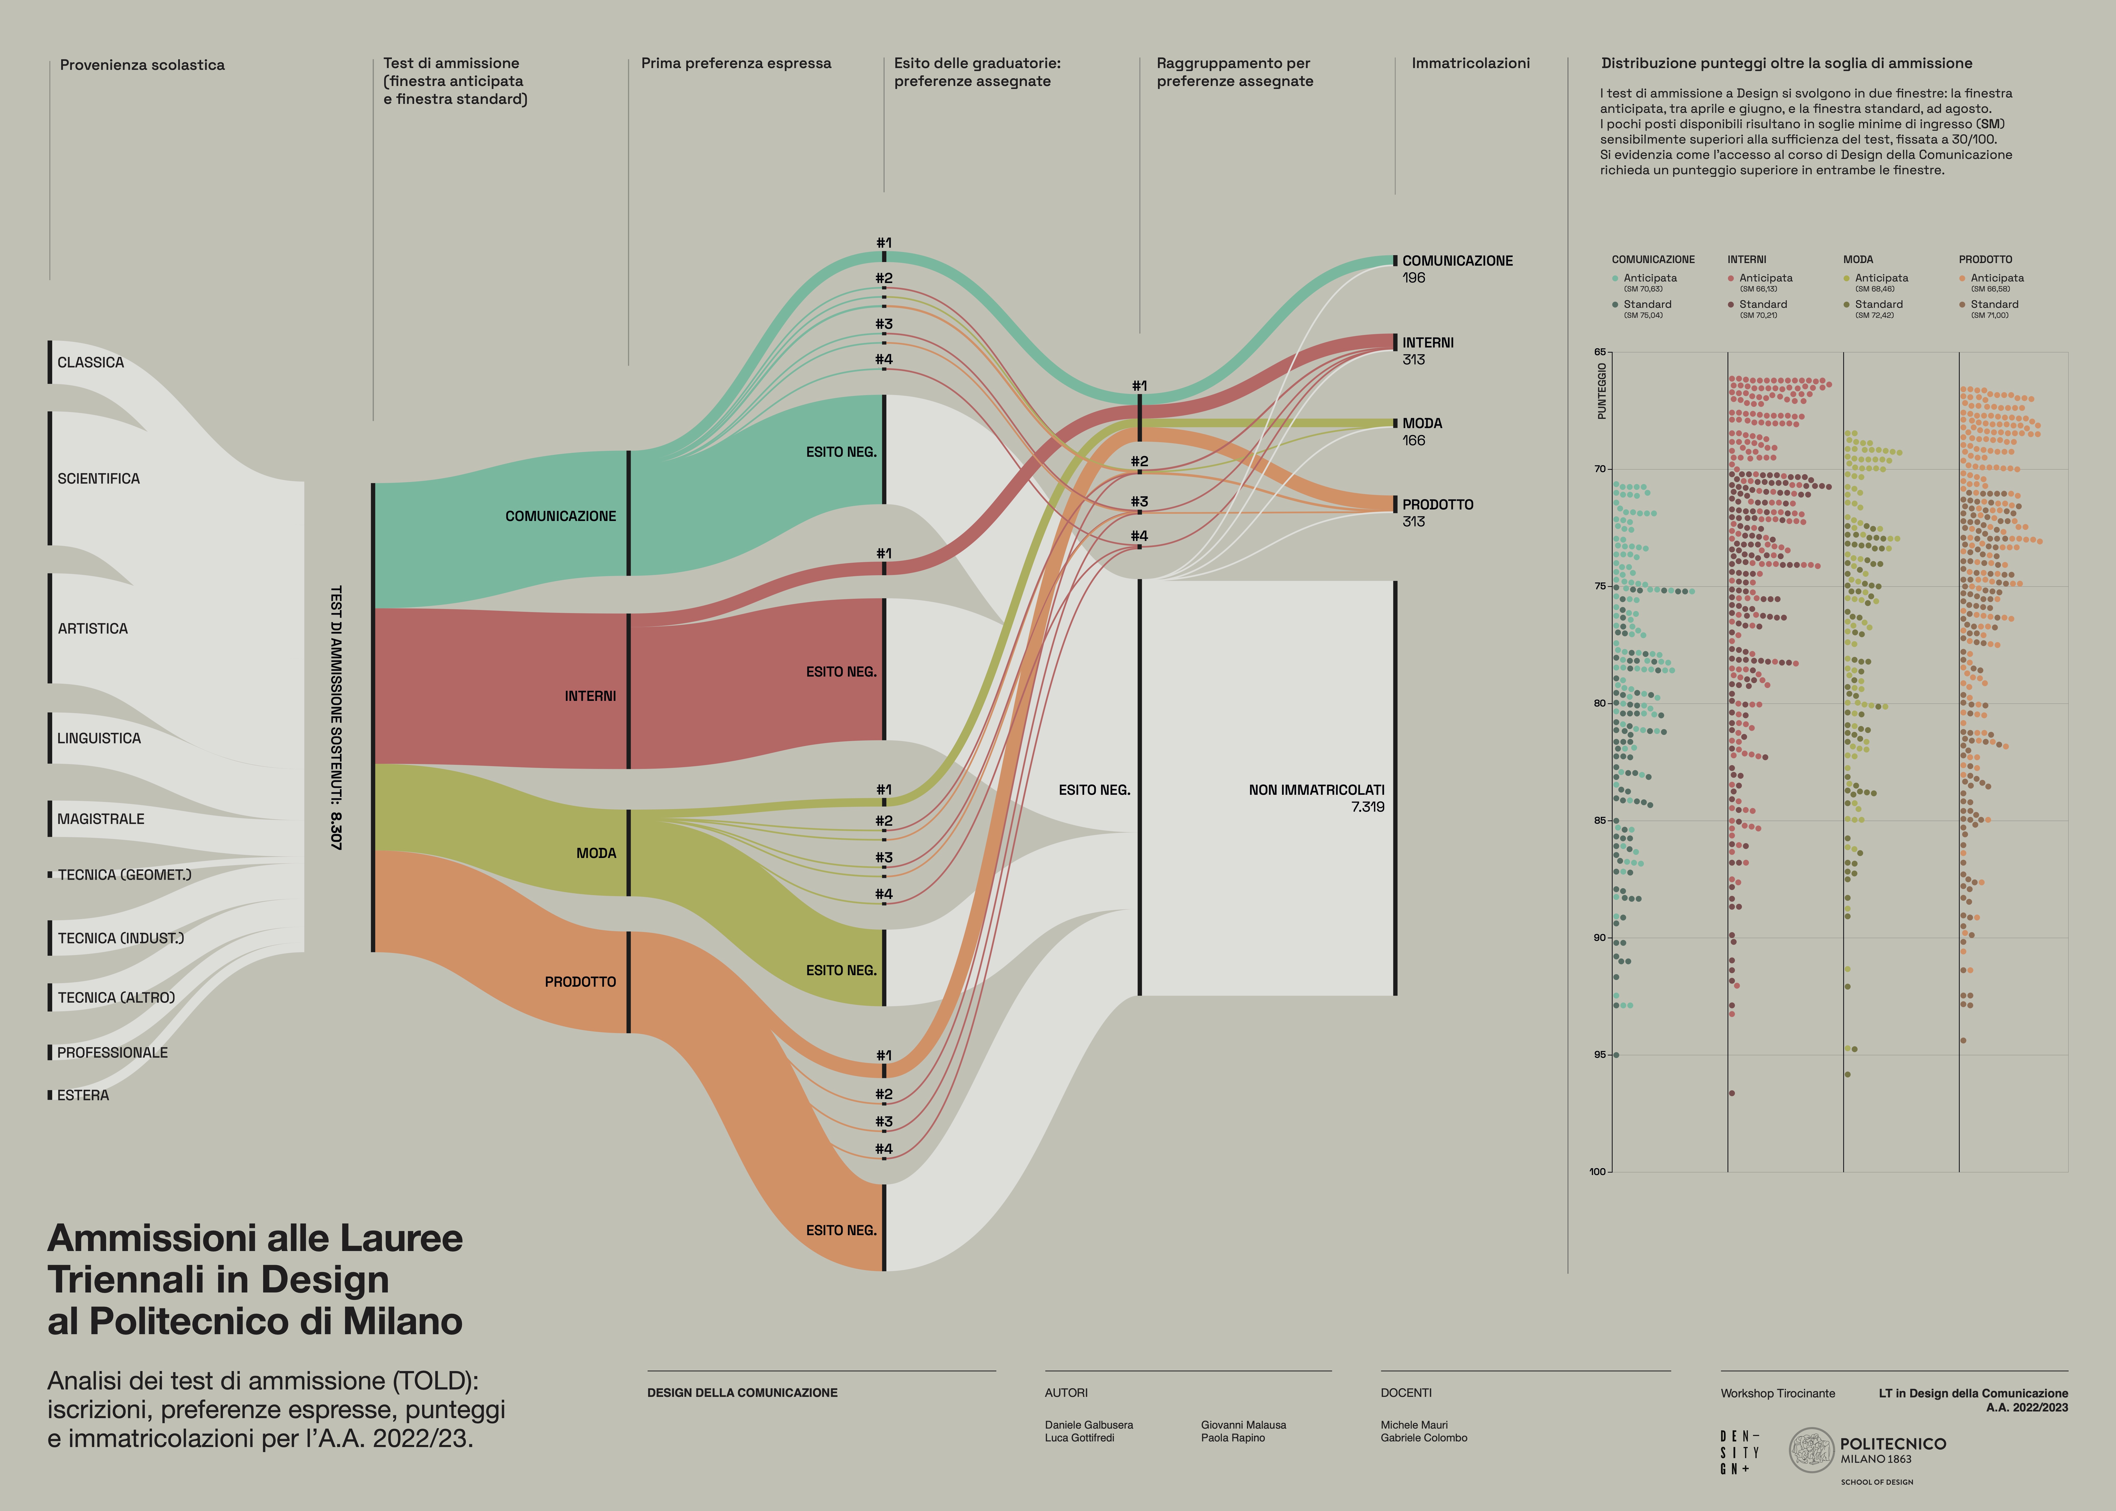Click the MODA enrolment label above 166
(1422, 423)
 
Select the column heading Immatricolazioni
(1470, 63)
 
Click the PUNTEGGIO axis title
(1602, 391)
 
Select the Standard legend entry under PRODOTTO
(1993, 304)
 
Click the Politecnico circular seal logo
(1811, 1451)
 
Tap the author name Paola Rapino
(1232, 1438)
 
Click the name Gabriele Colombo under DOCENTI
(1424, 1438)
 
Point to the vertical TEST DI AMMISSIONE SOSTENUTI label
(336, 716)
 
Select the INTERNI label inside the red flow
(590, 696)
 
